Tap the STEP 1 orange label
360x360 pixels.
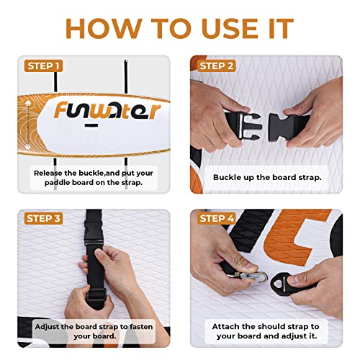coord(44,66)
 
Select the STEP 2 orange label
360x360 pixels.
coord(217,66)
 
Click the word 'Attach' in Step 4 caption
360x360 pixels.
coord(225,326)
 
